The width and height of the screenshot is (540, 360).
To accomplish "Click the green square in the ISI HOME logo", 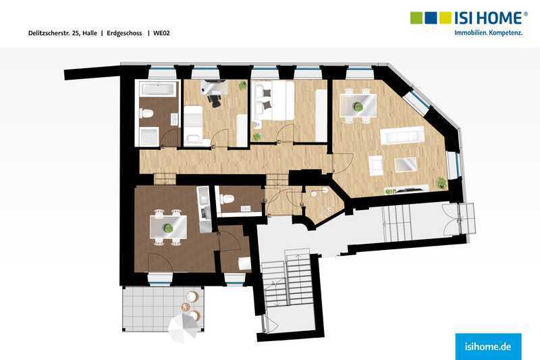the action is pos(416,18).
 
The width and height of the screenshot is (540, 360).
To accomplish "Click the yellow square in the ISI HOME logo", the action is pos(445,18).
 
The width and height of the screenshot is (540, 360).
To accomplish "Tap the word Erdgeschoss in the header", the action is pos(124,33).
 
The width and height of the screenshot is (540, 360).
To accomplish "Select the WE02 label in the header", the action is pos(161,33).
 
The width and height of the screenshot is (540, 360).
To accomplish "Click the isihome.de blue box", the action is pos(488,346).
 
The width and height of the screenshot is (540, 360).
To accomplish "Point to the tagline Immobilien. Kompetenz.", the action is pos(488,33).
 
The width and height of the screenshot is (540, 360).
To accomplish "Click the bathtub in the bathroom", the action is pos(159,90).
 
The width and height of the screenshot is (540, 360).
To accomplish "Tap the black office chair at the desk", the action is pos(214,100).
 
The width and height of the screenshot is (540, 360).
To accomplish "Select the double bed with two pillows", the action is pos(273,101).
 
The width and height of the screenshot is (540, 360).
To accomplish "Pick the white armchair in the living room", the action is pos(376,165).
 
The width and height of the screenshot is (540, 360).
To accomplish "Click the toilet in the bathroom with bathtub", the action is pos(146,113).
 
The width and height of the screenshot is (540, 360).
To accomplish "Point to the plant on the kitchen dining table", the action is pos(168,228).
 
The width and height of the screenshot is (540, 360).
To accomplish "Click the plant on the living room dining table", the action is pos(358,107).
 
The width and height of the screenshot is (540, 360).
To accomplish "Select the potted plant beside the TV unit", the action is pos(441,182).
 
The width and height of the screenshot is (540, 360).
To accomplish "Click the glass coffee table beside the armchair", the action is pos(406,164).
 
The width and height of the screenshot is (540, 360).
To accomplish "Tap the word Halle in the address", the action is pos(90,33).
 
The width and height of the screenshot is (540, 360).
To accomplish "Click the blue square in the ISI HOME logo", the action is pos(431,18).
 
